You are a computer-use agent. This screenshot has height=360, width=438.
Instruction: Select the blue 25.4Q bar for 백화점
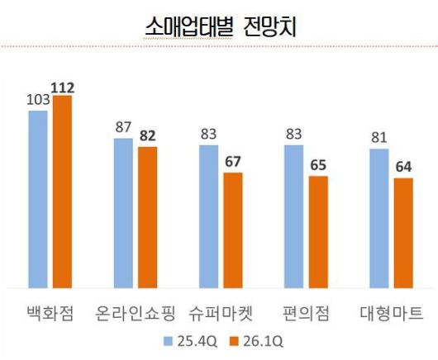pyautogui.click(x=38, y=198)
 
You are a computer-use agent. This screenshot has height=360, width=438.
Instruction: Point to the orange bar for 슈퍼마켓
pyautogui.click(x=233, y=230)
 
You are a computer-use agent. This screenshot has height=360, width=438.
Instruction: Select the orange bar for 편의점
pyautogui.click(x=318, y=232)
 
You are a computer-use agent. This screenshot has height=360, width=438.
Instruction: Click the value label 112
pyautogui.click(x=63, y=87)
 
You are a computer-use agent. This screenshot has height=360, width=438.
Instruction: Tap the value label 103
pyautogui.click(x=38, y=101)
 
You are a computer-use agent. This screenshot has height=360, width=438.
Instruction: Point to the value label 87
pyautogui.click(x=123, y=128)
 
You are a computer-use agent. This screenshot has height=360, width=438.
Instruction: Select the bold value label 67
pyautogui.click(x=233, y=162)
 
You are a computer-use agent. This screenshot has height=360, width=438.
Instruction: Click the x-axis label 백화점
pyautogui.click(x=50, y=313)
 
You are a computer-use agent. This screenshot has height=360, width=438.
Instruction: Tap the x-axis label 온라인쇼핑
pyautogui.click(x=136, y=313)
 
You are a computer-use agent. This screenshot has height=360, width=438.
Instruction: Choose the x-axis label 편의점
pyautogui.click(x=306, y=313)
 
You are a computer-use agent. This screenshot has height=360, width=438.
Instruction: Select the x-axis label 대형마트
pyautogui.click(x=392, y=313)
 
